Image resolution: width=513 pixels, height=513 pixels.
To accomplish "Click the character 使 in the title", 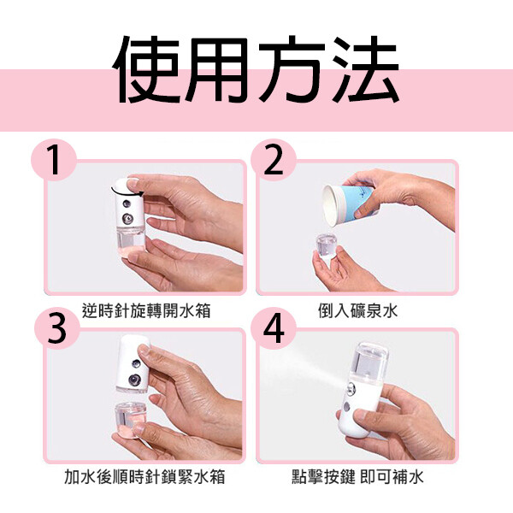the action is point(146,69).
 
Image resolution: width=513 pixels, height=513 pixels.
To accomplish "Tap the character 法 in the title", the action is point(366,68).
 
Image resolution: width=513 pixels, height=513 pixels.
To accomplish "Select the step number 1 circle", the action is point(54,160).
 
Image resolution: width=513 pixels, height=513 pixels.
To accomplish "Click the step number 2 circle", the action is point(274,160).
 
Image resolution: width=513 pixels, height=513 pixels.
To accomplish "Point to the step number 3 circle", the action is point(57,327).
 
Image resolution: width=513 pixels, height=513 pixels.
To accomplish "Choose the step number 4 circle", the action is point(274,327).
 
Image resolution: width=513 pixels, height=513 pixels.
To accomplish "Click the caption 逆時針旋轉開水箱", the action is point(146,310).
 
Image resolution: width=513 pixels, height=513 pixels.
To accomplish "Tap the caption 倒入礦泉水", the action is point(357,310).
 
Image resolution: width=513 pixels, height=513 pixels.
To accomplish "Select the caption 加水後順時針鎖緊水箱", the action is point(144,476).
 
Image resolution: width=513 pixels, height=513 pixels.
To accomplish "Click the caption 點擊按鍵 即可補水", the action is point(357,476).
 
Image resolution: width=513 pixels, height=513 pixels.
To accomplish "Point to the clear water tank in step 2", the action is point(328,247).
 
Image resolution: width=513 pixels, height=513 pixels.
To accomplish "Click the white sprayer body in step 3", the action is point(133,364).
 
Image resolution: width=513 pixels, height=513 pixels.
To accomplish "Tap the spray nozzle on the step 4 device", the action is point(350,387).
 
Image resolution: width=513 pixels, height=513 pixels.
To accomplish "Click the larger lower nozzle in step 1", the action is point(127,219).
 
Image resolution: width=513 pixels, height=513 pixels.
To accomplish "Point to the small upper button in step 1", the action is point(127,204).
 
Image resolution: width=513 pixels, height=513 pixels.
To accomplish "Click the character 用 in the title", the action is point(219,69).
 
